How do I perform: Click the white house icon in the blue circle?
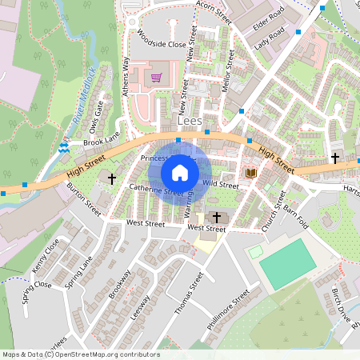coord(180,172)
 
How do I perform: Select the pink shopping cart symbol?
coord(156,78)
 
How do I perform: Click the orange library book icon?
coord(250,173)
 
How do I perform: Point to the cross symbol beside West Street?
coord(216,217)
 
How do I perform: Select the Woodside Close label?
coord(162,45)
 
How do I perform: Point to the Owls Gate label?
coord(97,116)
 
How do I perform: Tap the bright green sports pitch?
coord(286,262)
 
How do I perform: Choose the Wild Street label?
coord(221,185)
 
